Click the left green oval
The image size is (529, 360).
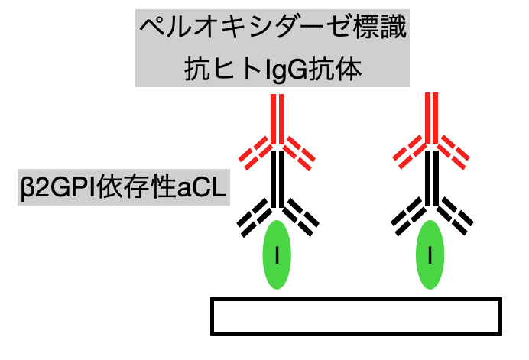[x=277, y=255]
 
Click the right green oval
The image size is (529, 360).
[x=430, y=255]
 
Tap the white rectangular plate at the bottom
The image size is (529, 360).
[x=356, y=316]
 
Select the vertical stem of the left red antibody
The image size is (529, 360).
[x=277, y=119]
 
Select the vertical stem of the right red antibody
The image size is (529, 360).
[x=431, y=118]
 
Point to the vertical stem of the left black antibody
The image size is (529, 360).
[x=277, y=179]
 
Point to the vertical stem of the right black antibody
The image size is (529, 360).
[x=432, y=178]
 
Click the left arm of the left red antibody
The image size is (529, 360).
[x=255, y=153]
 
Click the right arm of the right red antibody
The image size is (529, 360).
[x=453, y=152]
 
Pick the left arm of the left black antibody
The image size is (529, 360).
[x=255, y=218]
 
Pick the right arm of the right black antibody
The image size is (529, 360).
[x=456, y=216]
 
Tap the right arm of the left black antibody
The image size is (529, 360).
[x=301, y=218]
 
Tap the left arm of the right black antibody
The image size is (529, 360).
[x=408, y=216]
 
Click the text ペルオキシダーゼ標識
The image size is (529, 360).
[x=273, y=28]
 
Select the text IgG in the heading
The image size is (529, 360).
[x=287, y=70]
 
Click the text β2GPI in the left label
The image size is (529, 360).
[x=58, y=187]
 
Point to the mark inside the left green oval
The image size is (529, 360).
[x=277, y=255]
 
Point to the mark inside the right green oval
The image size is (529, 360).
[x=430, y=255]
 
